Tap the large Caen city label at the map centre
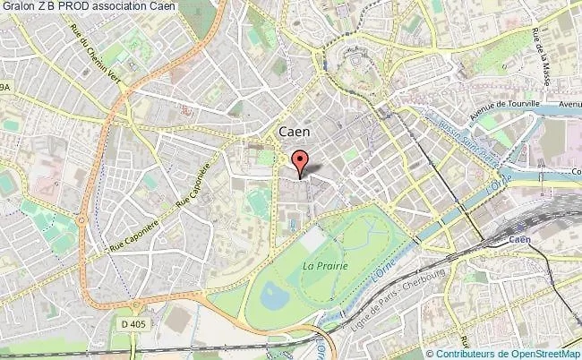289,131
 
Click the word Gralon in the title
21,7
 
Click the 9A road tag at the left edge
6,87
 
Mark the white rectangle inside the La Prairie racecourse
313,240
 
